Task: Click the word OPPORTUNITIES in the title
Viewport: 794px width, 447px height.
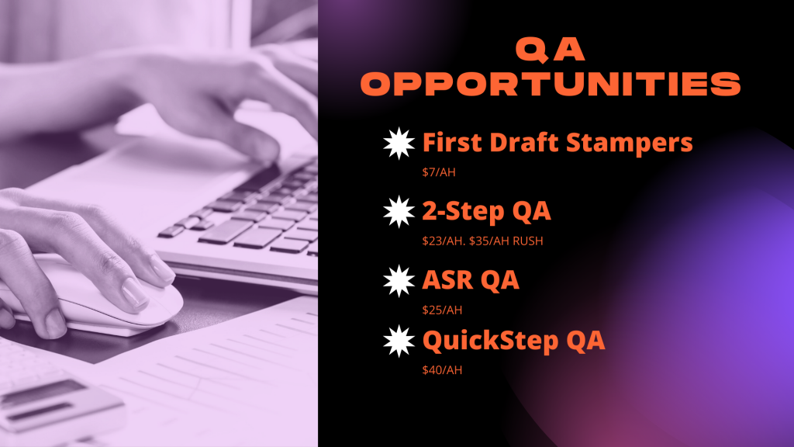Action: pyautogui.click(x=551, y=84)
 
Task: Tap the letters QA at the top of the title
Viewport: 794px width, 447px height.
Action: pyautogui.click(x=550, y=50)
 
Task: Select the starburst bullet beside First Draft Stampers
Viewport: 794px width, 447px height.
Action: pyautogui.click(x=399, y=143)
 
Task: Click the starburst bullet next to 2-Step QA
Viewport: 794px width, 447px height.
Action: pyautogui.click(x=399, y=212)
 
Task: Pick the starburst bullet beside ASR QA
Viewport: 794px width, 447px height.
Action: pyautogui.click(x=399, y=281)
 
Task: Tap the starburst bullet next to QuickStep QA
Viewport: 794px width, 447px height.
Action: pyautogui.click(x=399, y=341)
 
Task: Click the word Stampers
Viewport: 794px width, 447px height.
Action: pyautogui.click(x=630, y=144)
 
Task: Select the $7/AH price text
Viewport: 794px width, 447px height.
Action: pyautogui.click(x=439, y=172)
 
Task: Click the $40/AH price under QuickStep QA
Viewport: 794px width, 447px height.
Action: pyautogui.click(x=442, y=370)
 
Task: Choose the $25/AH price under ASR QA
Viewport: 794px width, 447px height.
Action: pyautogui.click(x=442, y=310)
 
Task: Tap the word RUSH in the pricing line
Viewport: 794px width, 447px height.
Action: pyautogui.click(x=527, y=241)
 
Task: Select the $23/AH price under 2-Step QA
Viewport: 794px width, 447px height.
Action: pyautogui.click(x=444, y=241)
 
